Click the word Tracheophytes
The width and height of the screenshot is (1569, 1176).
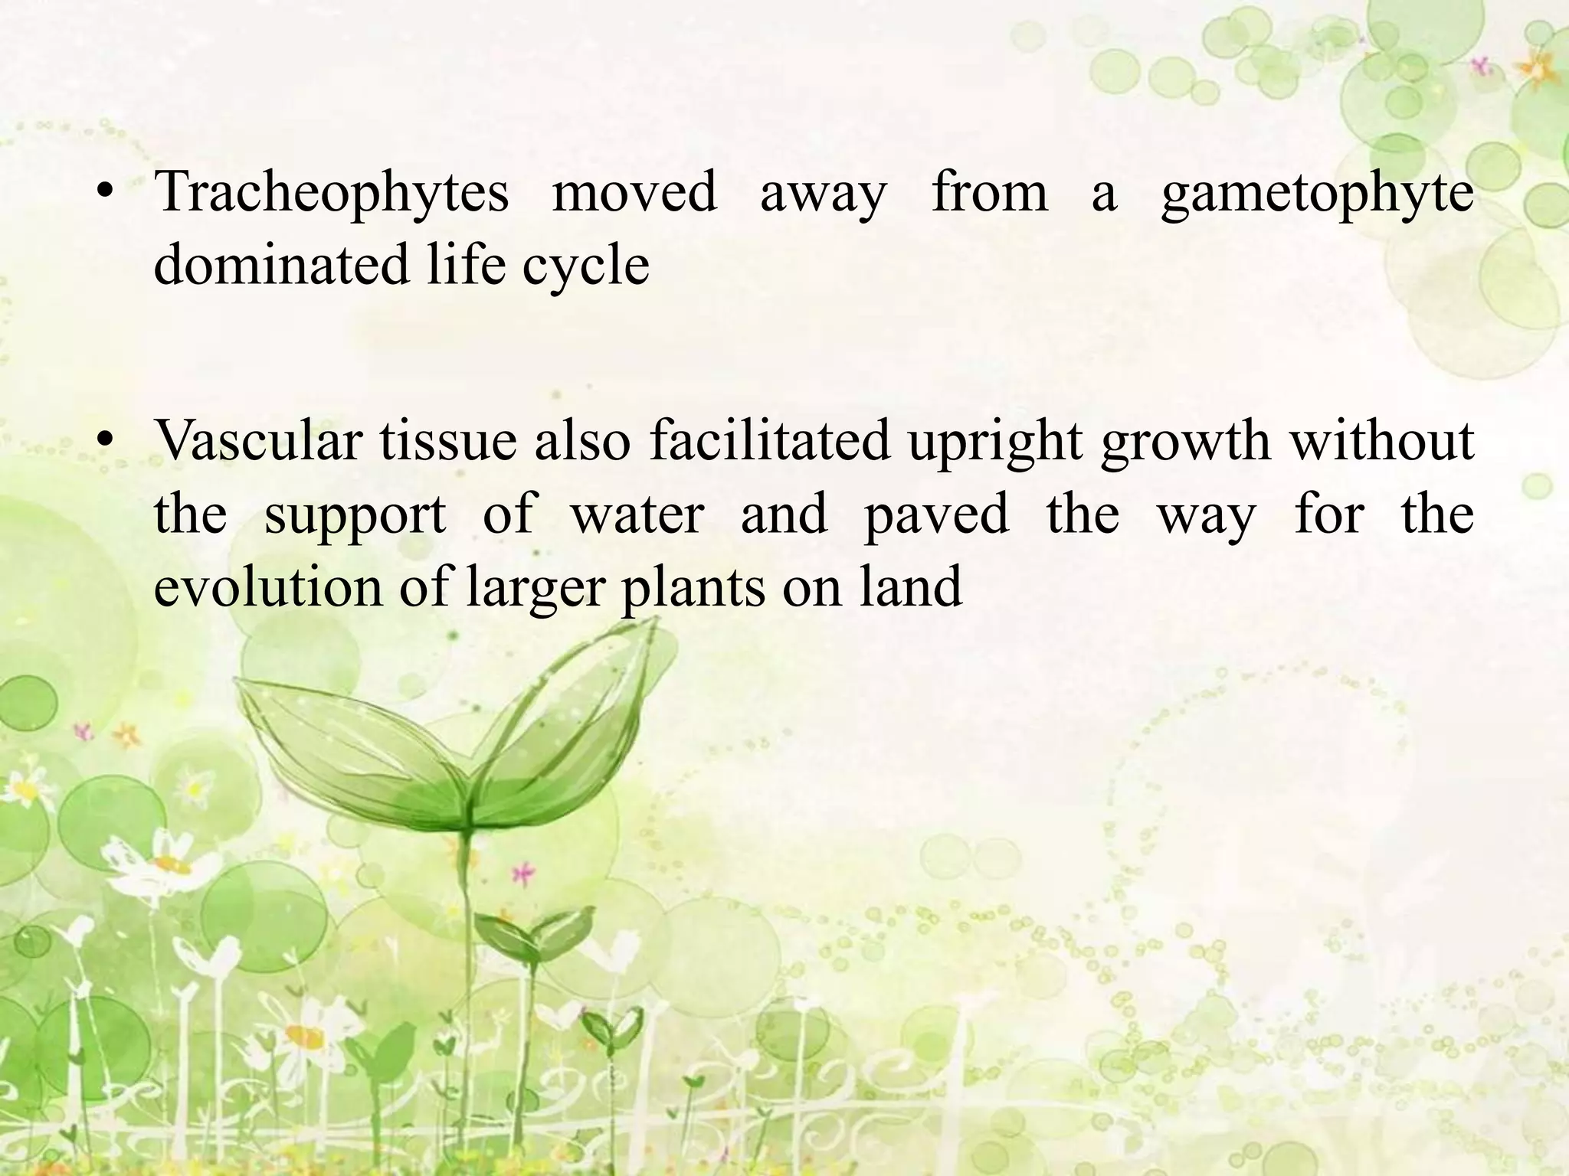[331, 192]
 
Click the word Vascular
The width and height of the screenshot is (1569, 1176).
[258, 442]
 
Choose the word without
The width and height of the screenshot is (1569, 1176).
[1381, 442]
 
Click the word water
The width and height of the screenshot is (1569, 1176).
[637, 514]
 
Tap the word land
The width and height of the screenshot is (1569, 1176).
[910, 586]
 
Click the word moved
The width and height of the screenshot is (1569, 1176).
[634, 192]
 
